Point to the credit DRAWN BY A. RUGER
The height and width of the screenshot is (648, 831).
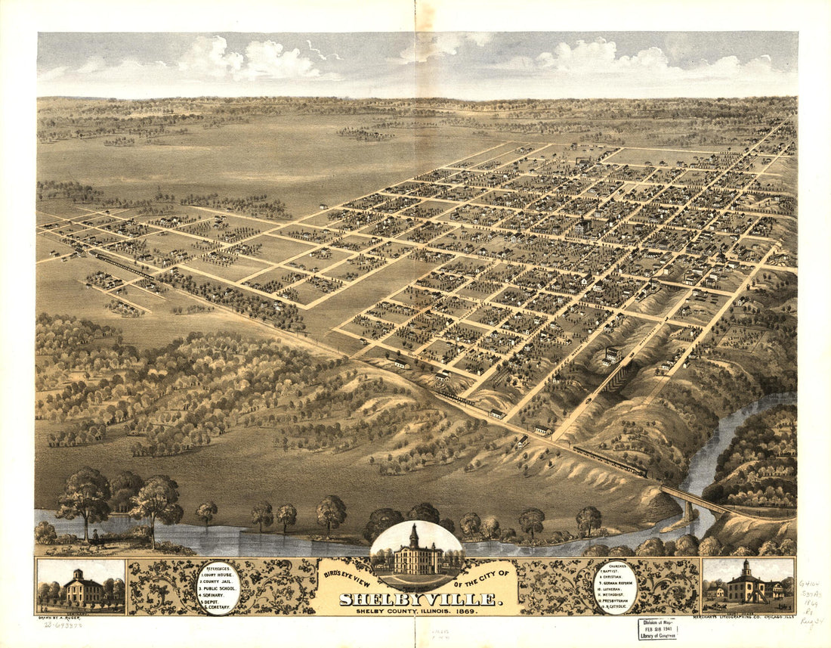pyautogui.click(x=60, y=617)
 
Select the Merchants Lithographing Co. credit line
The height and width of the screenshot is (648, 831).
pyautogui.click(x=748, y=616)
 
